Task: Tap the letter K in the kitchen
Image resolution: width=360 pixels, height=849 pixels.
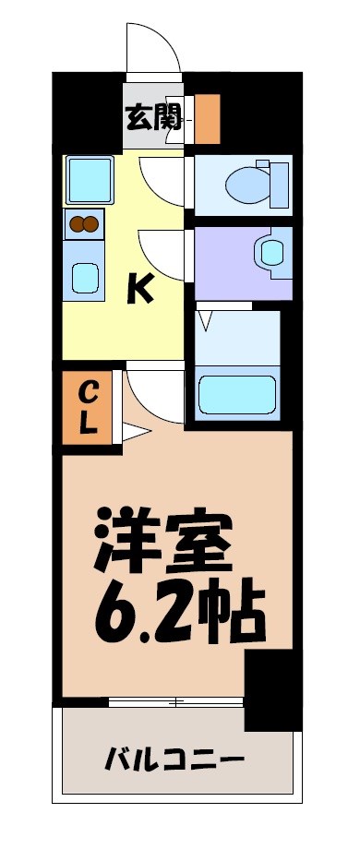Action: [x=140, y=290]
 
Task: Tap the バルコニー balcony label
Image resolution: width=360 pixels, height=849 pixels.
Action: [x=174, y=760]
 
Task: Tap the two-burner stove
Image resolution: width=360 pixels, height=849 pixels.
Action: [x=84, y=223]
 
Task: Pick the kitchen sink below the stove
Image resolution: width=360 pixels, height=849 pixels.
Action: [x=86, y=276]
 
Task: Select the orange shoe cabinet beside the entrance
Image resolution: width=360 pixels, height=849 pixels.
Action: [x=207, y=119]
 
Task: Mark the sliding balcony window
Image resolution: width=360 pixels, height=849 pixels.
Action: [x=175, y=702]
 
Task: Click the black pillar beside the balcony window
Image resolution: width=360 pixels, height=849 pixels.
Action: [x=272, y=688]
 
